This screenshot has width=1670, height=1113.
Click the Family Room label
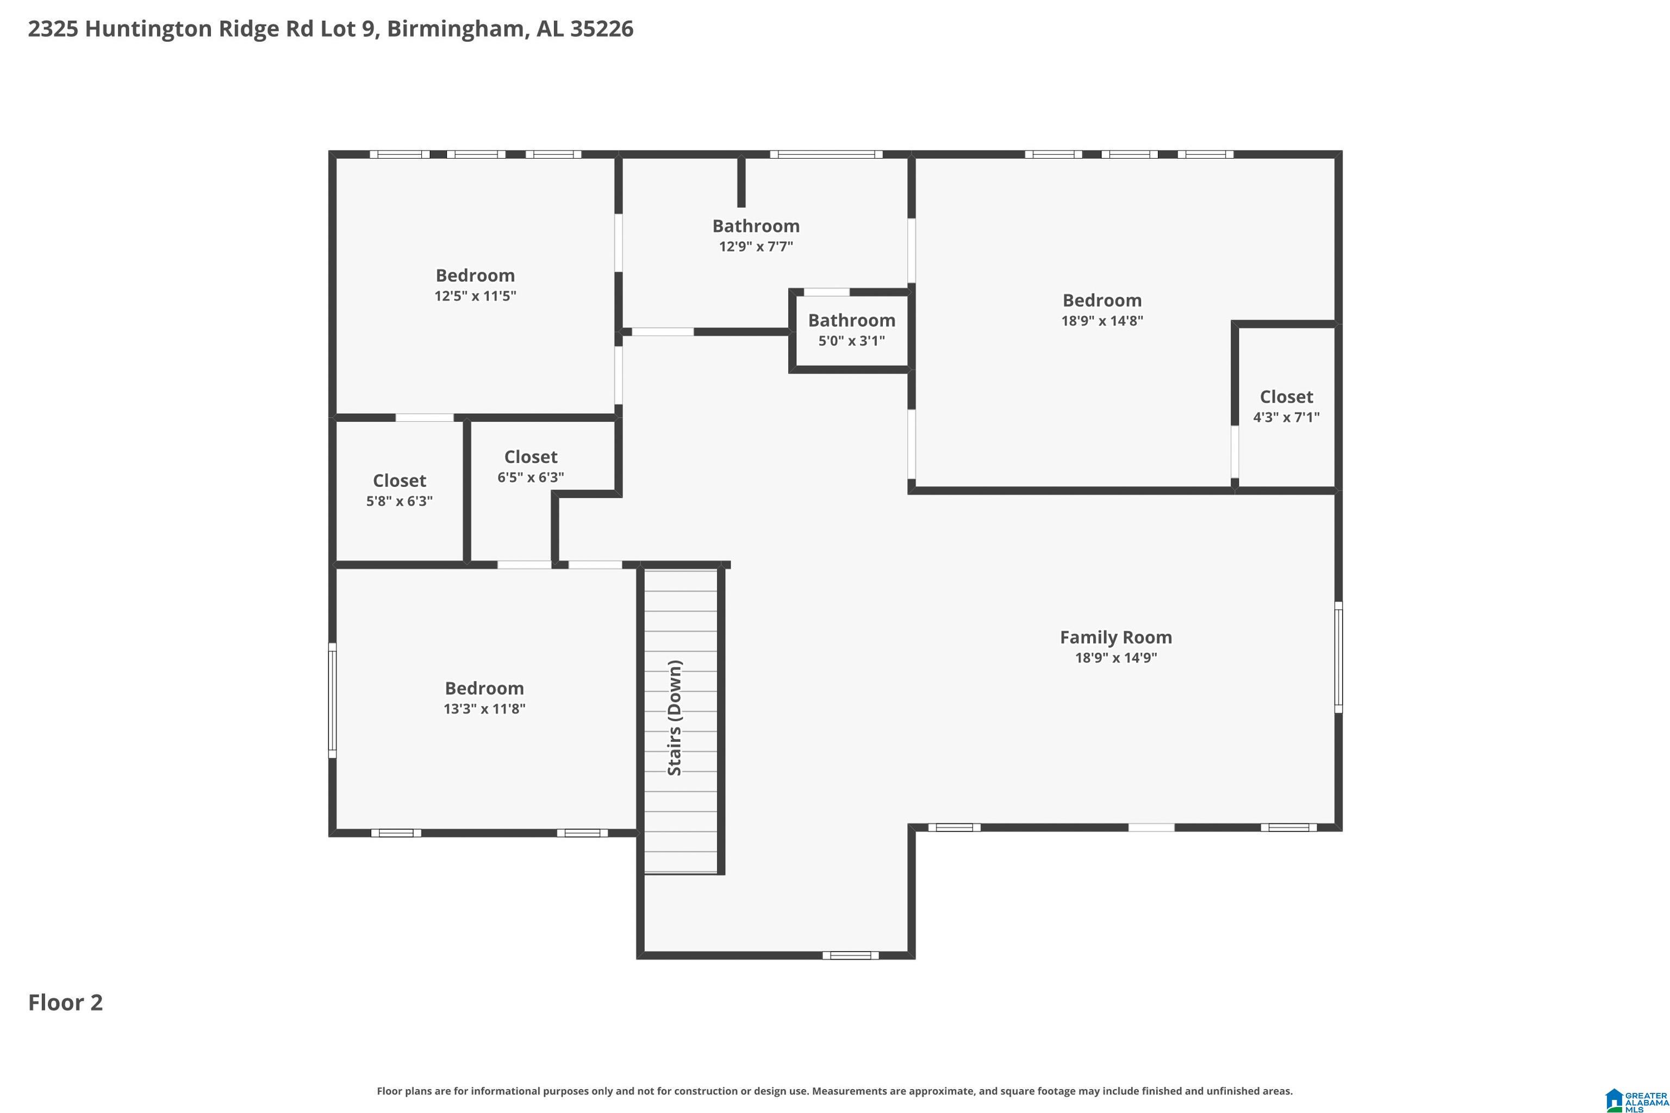click(1116, 637)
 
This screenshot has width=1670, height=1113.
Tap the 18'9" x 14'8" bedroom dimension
click(1102, 321)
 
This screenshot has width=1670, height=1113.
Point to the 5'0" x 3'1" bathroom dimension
click(851, 341)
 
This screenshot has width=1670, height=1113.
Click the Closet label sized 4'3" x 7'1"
click(1286, 397)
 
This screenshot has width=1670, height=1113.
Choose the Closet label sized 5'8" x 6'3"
click(399, 480)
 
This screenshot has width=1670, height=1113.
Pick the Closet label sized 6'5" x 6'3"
click(531, 457)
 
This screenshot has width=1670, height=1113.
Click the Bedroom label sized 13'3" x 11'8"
click(484, 689)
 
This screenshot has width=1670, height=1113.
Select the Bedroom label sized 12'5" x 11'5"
click(475, 276)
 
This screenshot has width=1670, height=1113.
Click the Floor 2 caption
click(65, 1002)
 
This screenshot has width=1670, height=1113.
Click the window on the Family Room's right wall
click(1338, 656)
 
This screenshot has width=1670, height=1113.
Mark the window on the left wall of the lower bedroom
click(332, 700)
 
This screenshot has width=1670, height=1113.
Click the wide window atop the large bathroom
click(826, 154)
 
